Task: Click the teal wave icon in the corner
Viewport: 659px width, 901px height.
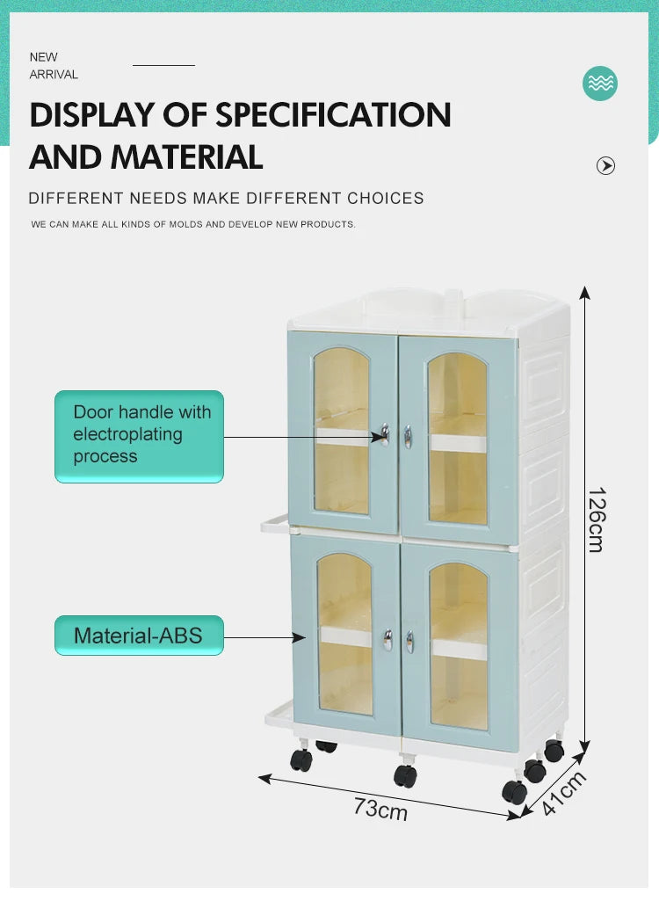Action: coord(600,84)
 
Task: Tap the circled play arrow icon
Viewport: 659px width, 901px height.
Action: coord(605,165)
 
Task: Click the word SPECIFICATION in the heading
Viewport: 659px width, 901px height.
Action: coord(334,115)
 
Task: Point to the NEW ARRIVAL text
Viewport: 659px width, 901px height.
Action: coord(54,66)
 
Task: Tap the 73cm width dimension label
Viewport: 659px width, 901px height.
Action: coord(380,808)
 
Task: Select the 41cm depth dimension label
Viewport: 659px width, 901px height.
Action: coord(563,793)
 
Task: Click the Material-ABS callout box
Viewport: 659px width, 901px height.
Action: coord(139,636)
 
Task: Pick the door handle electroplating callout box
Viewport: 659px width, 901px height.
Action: coord(139,436)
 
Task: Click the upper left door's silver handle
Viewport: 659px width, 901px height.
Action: coord(384,434)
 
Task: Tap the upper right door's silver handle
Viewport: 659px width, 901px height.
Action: coord(408,436)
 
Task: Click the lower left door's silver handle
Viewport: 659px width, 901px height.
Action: coord(387,639)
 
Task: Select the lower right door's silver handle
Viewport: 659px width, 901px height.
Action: coord(409,642)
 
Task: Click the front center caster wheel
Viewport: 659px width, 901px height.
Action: coord(405,775)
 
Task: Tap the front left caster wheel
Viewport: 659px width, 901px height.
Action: coord(301,759)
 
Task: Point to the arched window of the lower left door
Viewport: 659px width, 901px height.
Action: coord(344,633)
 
